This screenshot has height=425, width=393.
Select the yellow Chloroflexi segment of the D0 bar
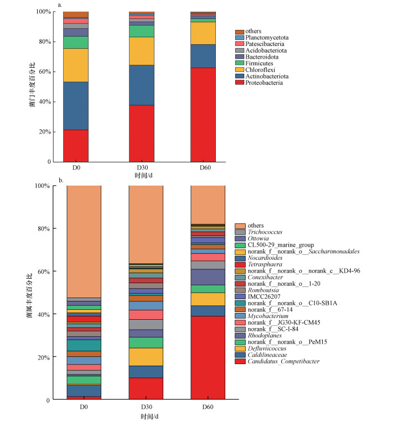tap(76, 65)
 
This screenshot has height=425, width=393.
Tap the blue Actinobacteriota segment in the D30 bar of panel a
tap(142, 85)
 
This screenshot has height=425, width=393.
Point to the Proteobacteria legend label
tap(265, 83)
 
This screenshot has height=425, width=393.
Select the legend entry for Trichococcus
tap(265, 232)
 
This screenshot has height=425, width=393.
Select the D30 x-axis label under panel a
tap(142, 168)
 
